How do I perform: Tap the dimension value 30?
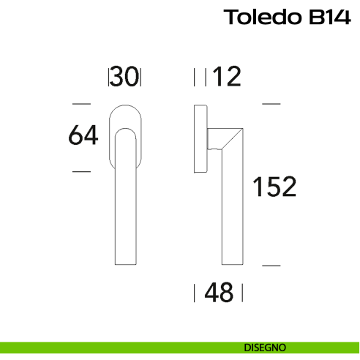pyautogui.click(x=125, y=77)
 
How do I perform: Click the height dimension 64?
pyautogui.click(x=83, y=135)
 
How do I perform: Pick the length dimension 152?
pyautogui.click(x=274, y=187)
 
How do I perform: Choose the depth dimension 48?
pyautogui.click(x=219, y=293)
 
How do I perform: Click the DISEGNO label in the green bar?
pyautogui.click(x=266, y=347)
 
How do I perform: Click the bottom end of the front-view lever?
pyautogui.click(x=124, y=263)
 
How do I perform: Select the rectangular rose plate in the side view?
pyautogui.click(x=200, y=139)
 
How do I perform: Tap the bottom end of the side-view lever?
pyautogui.click(x=231, y=262)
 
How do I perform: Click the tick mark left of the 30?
pyautogui.click(x=109, y=77)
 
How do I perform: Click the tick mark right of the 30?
pyautogui.click(x=140, y=77)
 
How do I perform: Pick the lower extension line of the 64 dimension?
pyautogui.click(x=81, y=171)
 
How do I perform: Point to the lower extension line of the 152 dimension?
pyautogui.click(x=271, y=264)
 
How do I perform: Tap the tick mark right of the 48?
pyautogui.click(x=242, y=293)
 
